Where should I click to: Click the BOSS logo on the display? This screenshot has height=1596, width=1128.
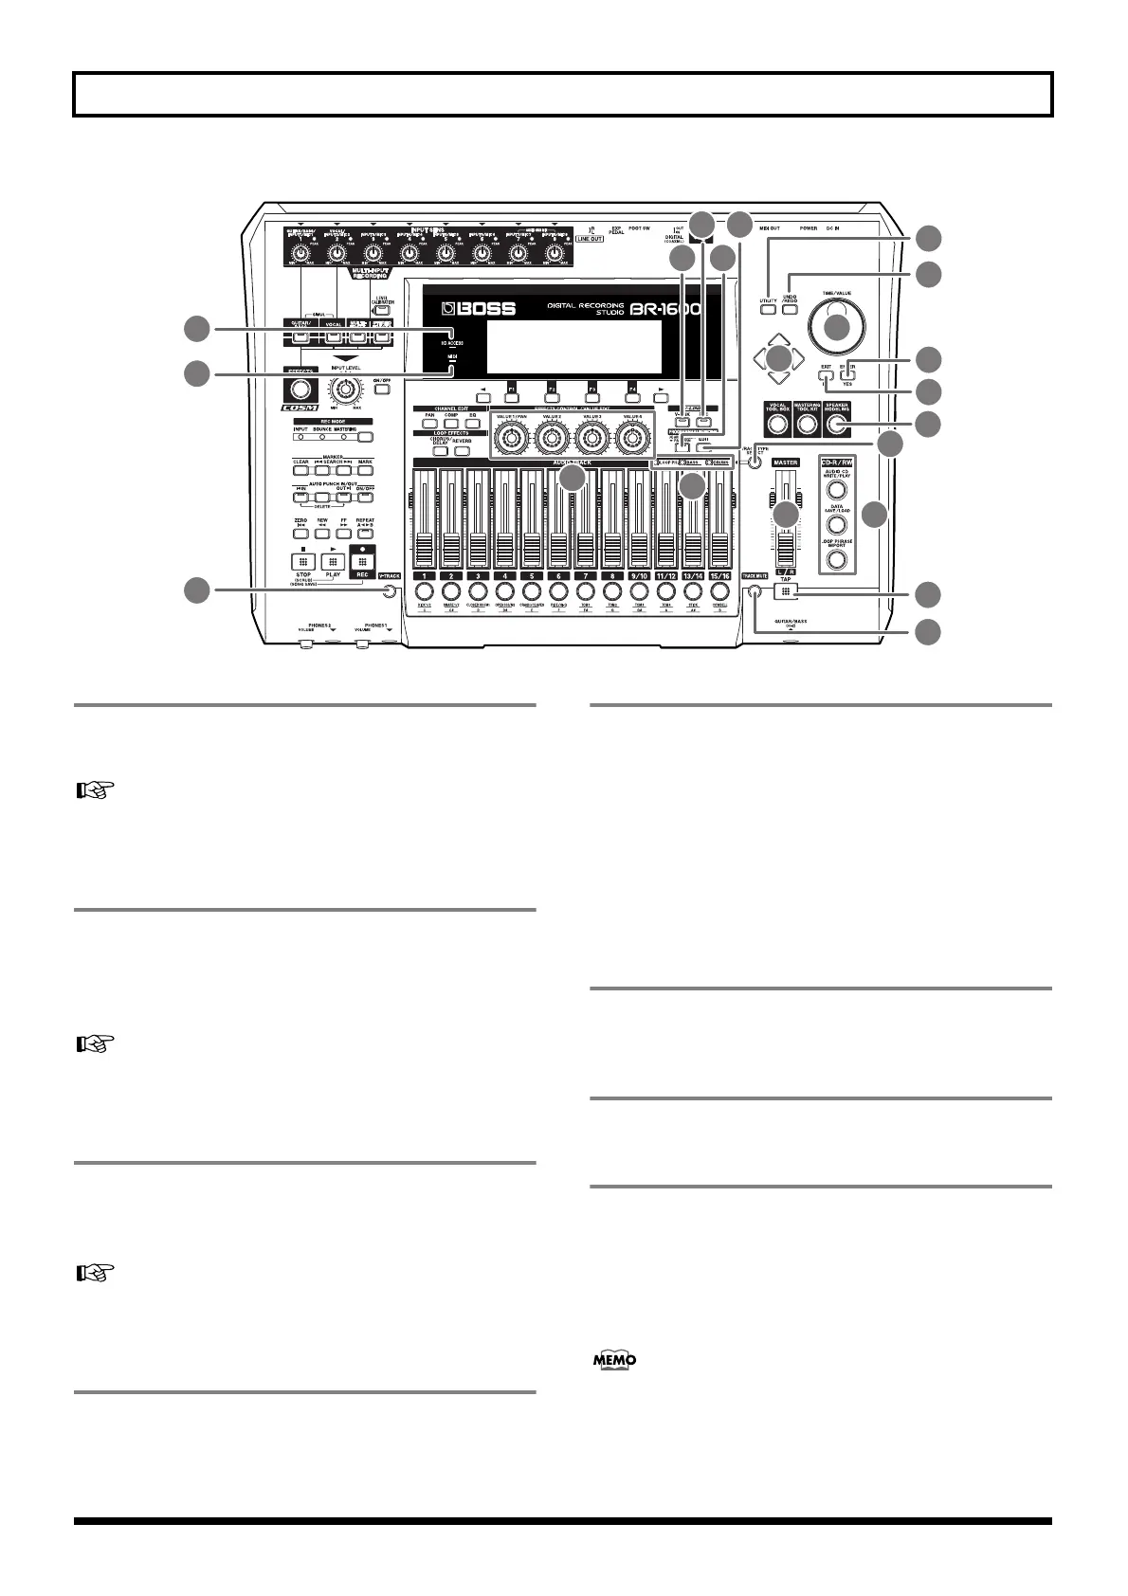(x=482, y=310)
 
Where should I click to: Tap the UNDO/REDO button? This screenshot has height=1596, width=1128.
(x=790, y=309)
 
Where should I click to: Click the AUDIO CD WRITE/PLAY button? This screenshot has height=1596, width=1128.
(x=836, y=490)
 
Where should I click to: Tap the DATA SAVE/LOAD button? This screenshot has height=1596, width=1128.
(x=836, y=525)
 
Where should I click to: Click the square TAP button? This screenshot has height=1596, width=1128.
(x=786, y=591)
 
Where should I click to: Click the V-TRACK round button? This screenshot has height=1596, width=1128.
(x=390, y=592)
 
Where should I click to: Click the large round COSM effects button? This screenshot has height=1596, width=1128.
(x=300, y=390)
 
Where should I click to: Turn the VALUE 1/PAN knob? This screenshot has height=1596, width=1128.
(x=511, y=438)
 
